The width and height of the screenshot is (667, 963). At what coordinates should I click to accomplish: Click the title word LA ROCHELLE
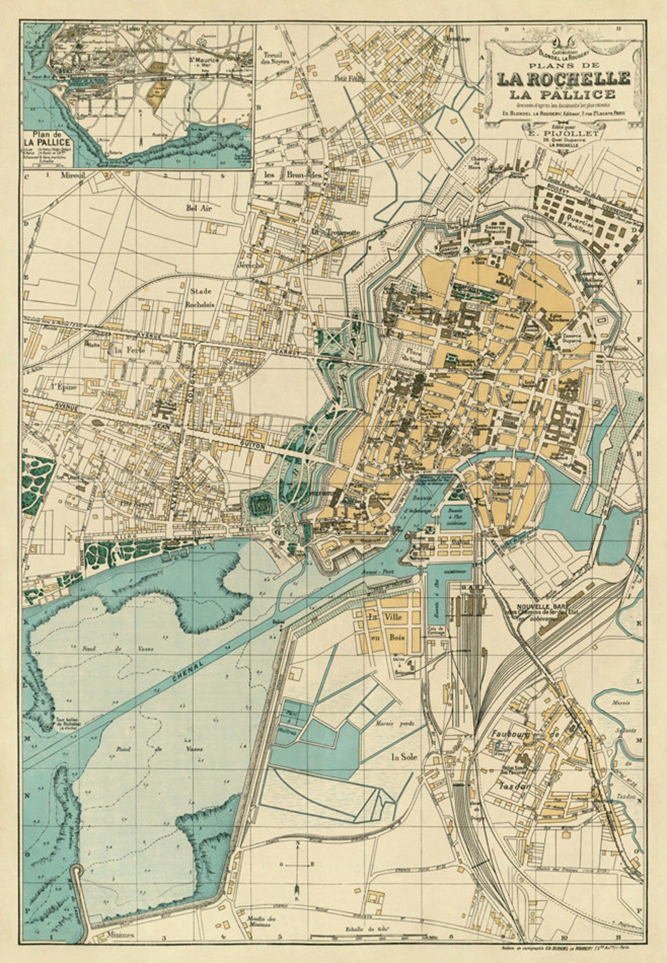pyautogui.click(x=563, y=78)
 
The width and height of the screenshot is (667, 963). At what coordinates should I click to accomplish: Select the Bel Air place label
pyautogui.click(x=197, y=207)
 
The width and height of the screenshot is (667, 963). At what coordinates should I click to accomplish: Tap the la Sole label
pyautogui.click(x=403, y=756)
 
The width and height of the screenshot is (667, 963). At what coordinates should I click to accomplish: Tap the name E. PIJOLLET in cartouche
pyautogui.click(x=563, y=133)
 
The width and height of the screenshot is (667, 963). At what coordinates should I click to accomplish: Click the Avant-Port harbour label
pyautogui.click(x=376, y=572)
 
